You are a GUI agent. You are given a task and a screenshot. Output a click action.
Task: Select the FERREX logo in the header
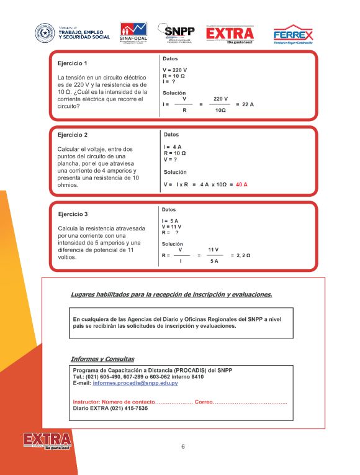coord(293,34)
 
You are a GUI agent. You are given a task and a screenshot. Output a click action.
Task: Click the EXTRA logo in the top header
coord(230,34)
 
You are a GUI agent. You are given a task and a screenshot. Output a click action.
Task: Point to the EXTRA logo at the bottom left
coord(47,441)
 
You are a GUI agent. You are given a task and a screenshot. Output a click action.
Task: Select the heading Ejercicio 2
coord(73,135)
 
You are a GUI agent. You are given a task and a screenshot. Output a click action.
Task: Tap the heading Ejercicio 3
coord(73,214)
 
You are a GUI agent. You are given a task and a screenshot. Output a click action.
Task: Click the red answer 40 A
coord(241,184)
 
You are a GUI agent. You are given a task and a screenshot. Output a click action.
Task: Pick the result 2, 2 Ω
coord(240,255)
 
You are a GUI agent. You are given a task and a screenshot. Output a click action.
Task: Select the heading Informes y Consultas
coord(102,359)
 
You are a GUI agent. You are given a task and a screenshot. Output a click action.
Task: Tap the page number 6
coord(183,446)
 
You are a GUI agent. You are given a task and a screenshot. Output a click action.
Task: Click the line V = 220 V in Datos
coord(175,70)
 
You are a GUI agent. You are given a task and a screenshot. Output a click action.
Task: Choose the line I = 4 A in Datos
coord(173,147)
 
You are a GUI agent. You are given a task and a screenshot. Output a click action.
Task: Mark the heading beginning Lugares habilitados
coord(171,294)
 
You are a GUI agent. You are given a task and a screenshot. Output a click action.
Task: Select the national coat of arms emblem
coord(45,32)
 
